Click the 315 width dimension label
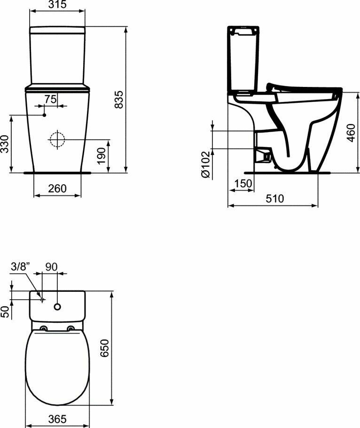click(58, 4)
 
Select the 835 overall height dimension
click(119, 100)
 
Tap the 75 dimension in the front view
click(51, 99)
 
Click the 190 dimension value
click(102, 156)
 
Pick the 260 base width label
click(57, 188)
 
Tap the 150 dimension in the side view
click(243, 183)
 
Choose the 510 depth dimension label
click(275, 198)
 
